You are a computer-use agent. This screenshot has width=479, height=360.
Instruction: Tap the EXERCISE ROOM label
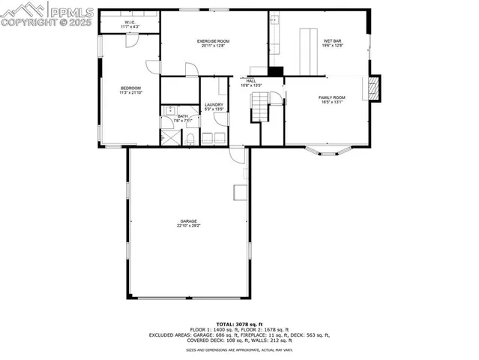[x=213, y=40]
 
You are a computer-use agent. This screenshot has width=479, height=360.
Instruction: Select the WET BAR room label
[x=333, y=40]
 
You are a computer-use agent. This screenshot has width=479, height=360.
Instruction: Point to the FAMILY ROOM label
[x=331, y=98]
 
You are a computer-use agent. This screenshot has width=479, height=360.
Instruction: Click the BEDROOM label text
[x=130, y=88]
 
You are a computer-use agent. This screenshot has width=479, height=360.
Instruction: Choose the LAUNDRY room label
[x=214, y=105]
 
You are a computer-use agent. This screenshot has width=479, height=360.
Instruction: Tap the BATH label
[x=183, y=116]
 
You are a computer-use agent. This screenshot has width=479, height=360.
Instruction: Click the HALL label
[x=251, y=81]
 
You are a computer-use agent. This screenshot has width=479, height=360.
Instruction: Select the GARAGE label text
[x=188, y=220]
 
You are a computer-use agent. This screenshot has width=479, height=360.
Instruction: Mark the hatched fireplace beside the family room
[x=373, y=88]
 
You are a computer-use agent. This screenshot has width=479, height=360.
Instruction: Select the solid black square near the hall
[x=276, y=71]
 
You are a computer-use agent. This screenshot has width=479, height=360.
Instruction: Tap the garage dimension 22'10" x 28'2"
[x=188, y=225]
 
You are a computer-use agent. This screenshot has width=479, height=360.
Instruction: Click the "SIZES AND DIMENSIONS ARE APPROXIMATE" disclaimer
[x=239, y=349]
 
